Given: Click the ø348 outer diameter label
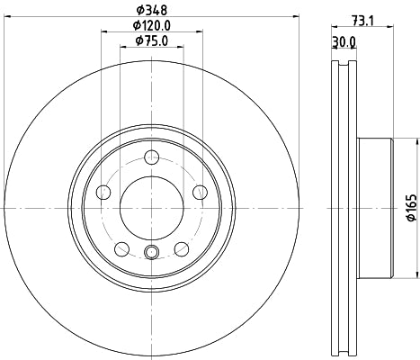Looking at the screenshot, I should tap(150, 10).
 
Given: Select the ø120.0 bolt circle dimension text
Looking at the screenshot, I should tap(150, 25).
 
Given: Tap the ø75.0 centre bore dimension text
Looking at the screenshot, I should tap(150, 40).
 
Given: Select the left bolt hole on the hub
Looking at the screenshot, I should tap(103, 192).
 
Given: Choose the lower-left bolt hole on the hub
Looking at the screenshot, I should tap(121, 247).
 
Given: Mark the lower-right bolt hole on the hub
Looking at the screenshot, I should tap(182, 247).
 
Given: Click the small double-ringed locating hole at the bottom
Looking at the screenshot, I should tap(151, 253).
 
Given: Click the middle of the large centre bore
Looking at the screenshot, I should tap(151, 207).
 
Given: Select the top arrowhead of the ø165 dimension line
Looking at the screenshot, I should tap(416, 141).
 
